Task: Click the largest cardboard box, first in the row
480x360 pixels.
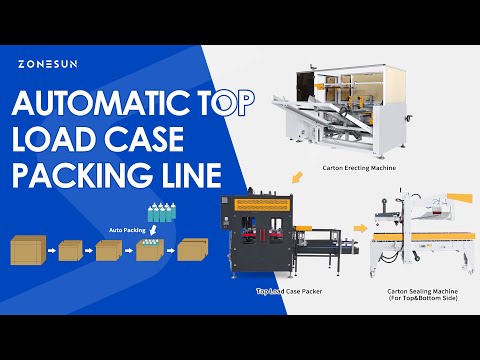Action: (x=27, y=250)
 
